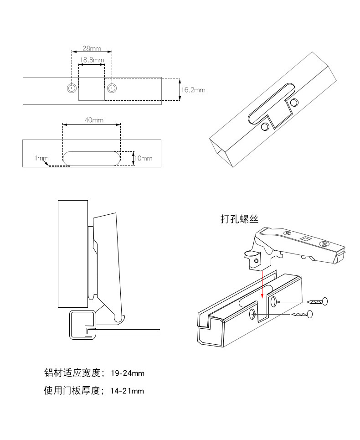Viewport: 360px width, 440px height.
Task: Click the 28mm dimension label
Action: pyautogui.click(x=92, y=48)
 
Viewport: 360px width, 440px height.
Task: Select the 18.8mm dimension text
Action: pyautogui.click(x=92, y=60)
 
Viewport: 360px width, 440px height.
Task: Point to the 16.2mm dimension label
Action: pyautogui.click(x=193, y=90)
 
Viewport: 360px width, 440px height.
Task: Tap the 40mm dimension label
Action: pyautogui.click(x=94, y=120)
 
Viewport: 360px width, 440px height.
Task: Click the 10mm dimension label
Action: pyautogui.click(x=143, y=158)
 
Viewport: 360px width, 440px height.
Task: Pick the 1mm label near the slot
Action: pyautogui.click(x=41, y=158)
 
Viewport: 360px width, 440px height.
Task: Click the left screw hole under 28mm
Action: pyautogui.click(x=72, y=88)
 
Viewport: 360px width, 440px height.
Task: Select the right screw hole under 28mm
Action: pyautogui.click(x=112, y=88)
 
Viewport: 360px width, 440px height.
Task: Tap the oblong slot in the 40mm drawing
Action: pyautogui.click(x=92, y=159)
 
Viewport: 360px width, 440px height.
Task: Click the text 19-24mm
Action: pyautogui.click(x=128, y=373)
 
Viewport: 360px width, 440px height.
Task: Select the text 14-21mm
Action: pyautogui.click(x=127, y=391)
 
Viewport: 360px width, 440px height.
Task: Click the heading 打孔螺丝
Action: pyautogui.click(x=239, y=219)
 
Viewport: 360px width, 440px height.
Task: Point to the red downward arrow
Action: pyautogui.click(x=262, y=284)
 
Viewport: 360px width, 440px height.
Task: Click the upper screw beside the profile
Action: pyautogui.click(x=317, y=302)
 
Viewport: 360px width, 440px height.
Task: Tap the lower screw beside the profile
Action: pyautogui.click(x=302, y=314)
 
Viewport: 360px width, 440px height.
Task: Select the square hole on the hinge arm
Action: pyautogui.click(x=305, y=239)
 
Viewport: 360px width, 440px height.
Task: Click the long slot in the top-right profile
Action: pyautogui.click(x=271, y=104)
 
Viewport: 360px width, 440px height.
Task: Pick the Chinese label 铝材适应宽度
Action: pyautogui.click(x=72, y=373)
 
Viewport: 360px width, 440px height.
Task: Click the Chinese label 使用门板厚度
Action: pyautogui.click(x=72, y=390)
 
